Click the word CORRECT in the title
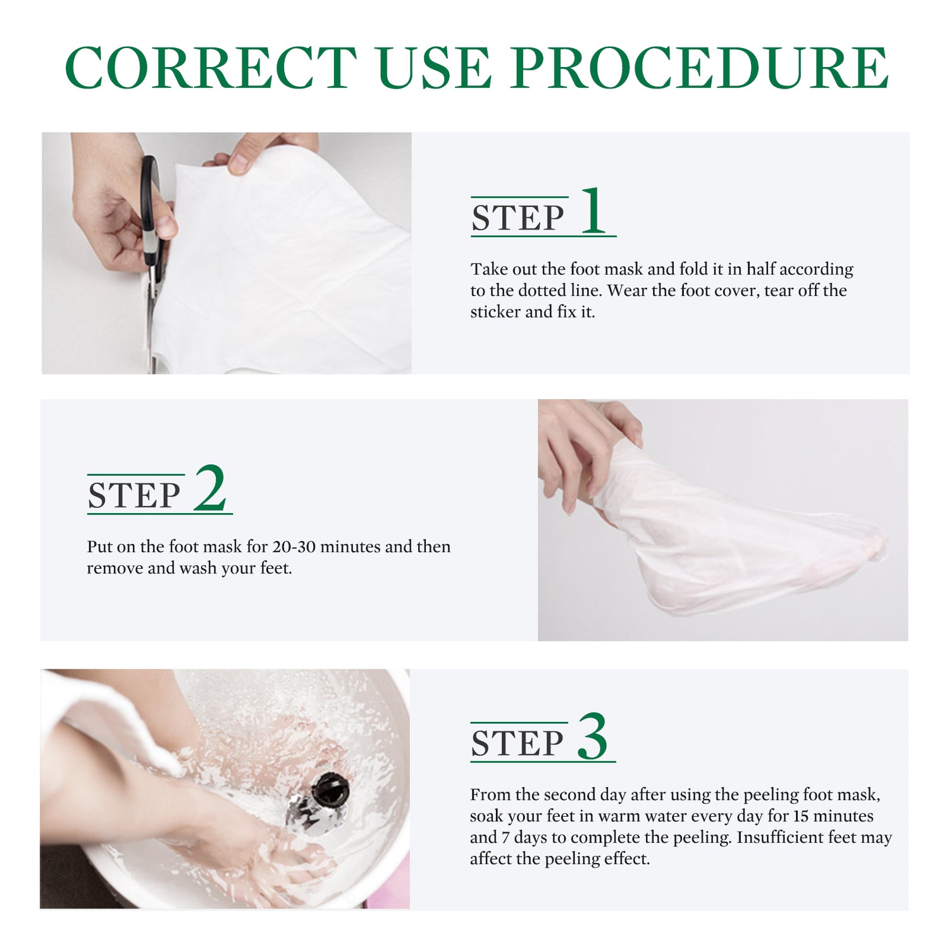(211, 67)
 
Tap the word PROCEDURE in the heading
(700, 67)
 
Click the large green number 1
(593, 211)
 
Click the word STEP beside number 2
(134, 495)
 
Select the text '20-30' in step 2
(294, 547)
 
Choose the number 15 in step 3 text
(801, 816)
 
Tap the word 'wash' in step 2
(198, 568)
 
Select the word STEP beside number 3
(517, 743)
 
